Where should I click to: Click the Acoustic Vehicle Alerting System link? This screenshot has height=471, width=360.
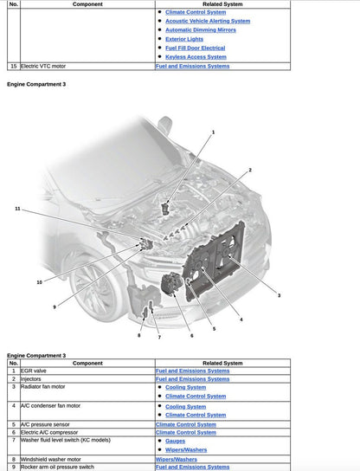(207, 21)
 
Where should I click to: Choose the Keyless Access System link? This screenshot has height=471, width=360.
(196, 57)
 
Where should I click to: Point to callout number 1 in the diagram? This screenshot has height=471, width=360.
(213, 131)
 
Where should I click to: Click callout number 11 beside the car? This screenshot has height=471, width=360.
(17, 209)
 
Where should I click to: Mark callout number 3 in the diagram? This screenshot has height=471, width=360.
(279, 296)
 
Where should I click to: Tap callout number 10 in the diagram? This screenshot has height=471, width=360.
(39, 282)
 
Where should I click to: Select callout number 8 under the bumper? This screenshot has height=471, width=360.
(139, 336)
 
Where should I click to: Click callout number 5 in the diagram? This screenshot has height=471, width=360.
(214, 330)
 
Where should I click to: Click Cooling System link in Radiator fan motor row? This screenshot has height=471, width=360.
(185, 387)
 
